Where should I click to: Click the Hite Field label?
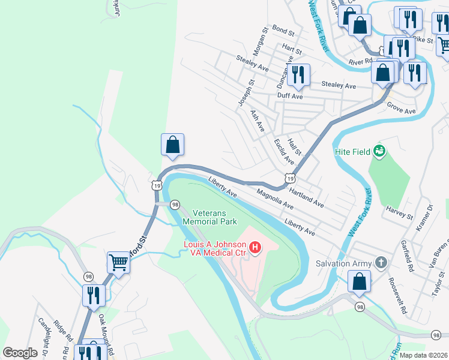(x=352, y=152)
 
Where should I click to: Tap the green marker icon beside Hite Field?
(x=379, y=151)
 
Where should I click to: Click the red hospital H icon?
(x=255, y=247)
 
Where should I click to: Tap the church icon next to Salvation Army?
(x=381, y=263)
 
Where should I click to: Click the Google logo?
(x=20, y=353)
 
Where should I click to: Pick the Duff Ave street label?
(x=289, y=96)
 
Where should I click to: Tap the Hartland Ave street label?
(x=306, y=196)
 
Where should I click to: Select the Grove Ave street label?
(x=402, y=111)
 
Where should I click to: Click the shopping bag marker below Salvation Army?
(x=358, y=282)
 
